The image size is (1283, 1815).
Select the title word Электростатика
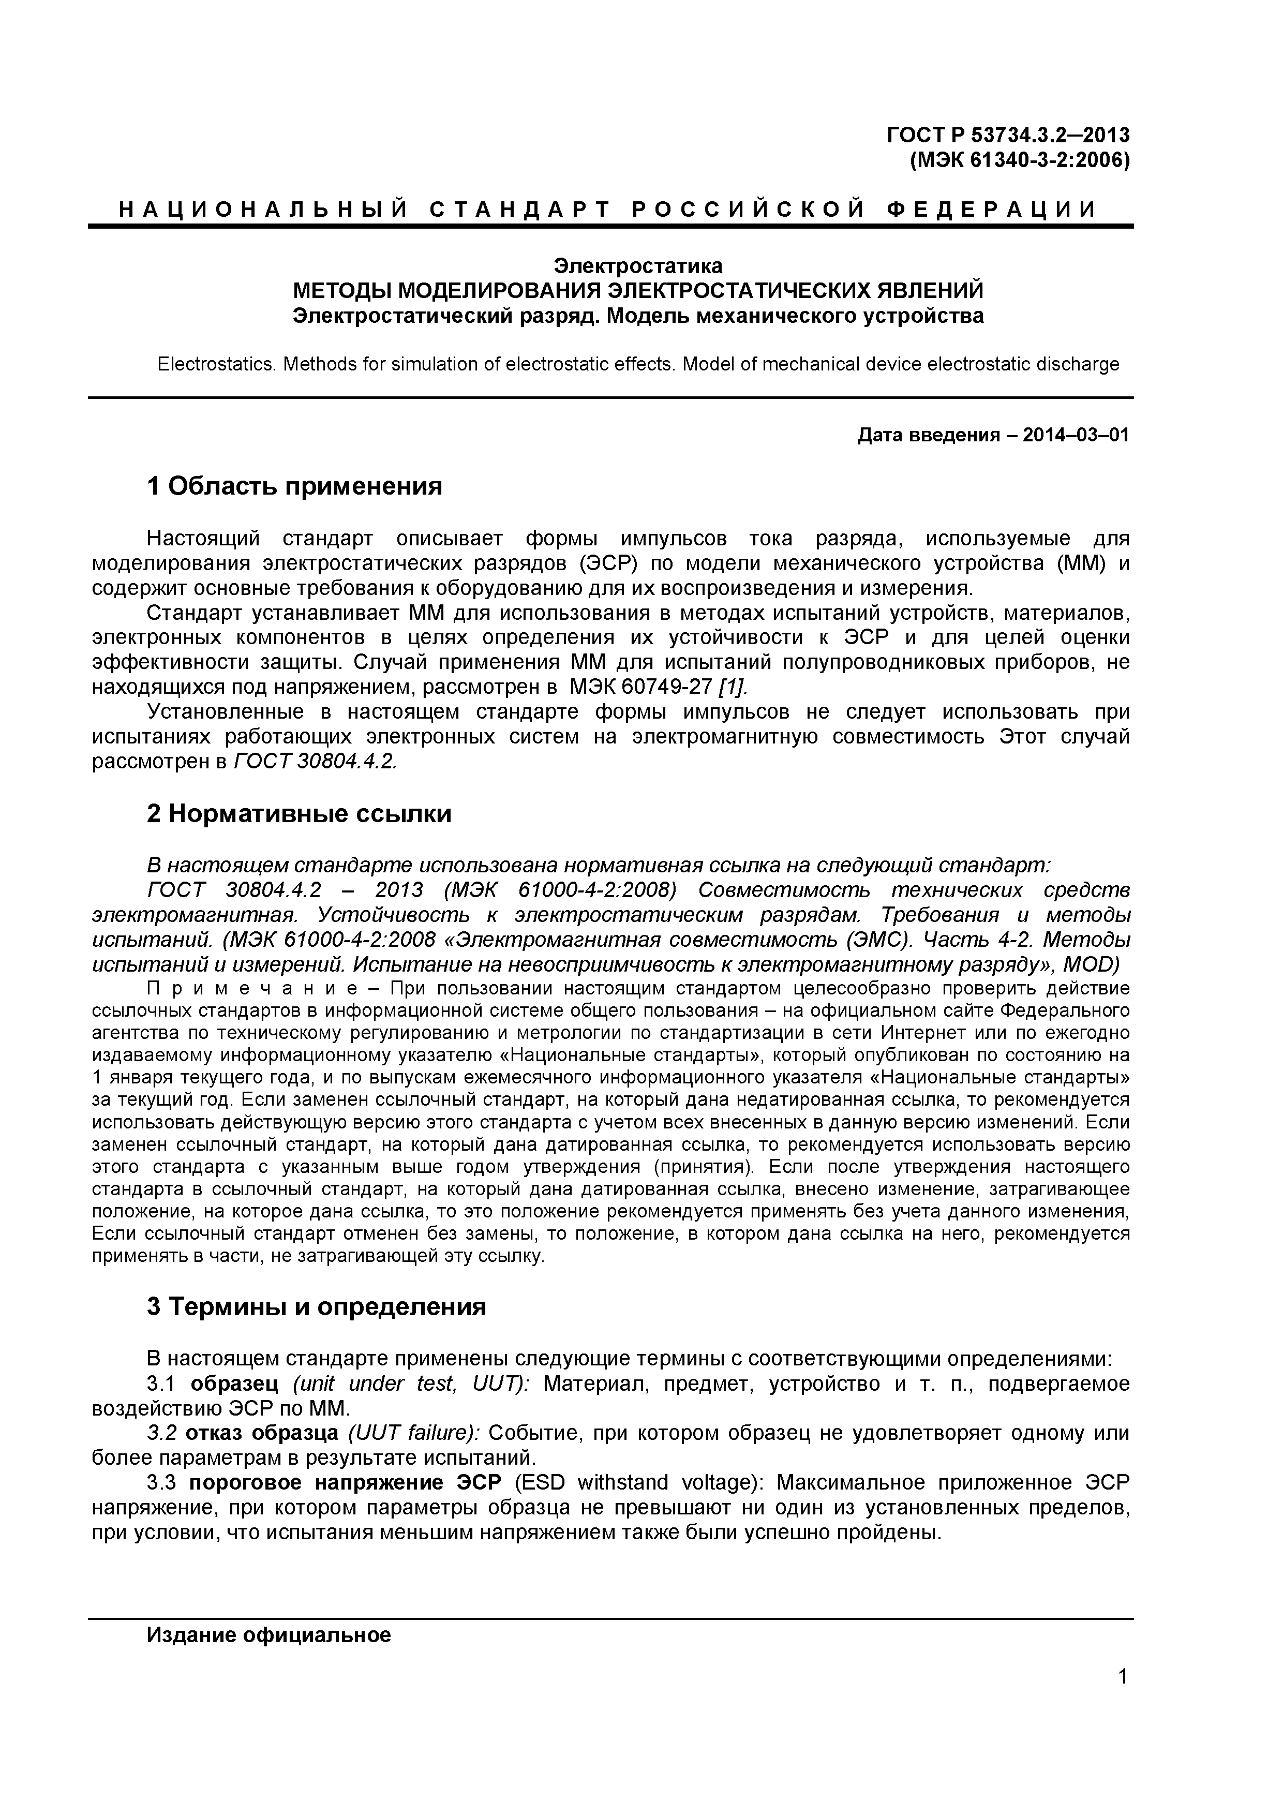(637, 265)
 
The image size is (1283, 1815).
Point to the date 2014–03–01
(1076, 436)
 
